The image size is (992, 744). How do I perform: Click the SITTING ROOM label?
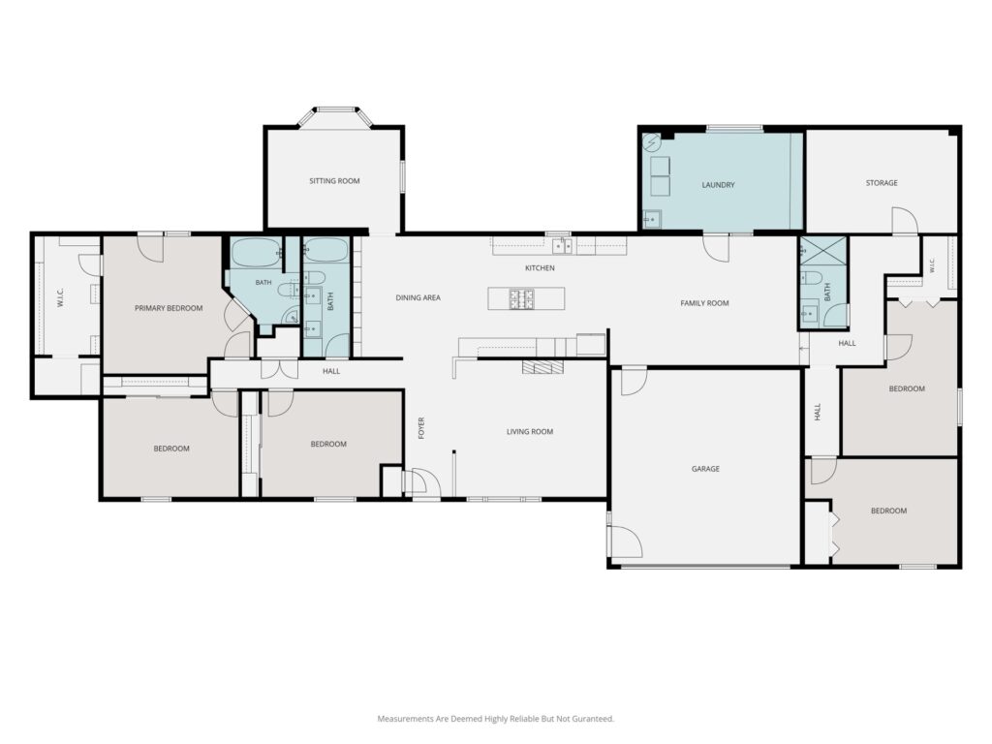[x=334, y=181]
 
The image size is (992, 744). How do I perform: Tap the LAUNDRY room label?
[x=718, y=185]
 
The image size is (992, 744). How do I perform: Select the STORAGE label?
[x=882, y=183]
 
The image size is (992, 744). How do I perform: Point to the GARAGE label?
[x=705, y=469]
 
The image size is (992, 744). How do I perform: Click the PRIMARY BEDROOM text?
[x=169, y=308]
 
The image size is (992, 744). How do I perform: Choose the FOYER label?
[x=421, y=428]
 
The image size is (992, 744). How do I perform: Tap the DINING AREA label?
[x=418, y=297]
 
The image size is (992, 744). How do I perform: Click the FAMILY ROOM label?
[x=704, y=303]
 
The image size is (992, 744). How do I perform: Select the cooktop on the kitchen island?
[x=520, y=298]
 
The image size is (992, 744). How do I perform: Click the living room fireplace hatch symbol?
[x=542, y=367]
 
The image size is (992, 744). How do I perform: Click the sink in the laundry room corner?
[x=652, y=219]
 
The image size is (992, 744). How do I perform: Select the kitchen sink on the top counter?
[x=562, y=245]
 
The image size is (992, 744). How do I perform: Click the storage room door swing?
[x=905, y=219]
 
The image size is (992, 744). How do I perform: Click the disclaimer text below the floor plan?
[x=495, y=719]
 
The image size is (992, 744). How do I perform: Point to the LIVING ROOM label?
[x=530, y=432]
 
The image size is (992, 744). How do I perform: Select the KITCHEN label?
[x=540, y=268]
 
